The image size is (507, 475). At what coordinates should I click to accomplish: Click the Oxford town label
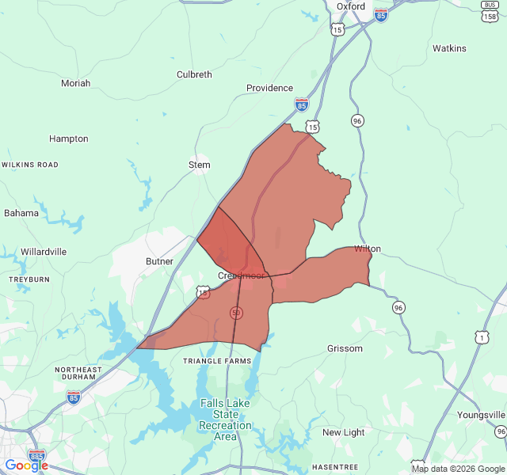(350, 6)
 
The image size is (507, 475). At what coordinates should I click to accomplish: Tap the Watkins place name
(449, 48)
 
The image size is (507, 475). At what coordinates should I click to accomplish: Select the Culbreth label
(194, 74)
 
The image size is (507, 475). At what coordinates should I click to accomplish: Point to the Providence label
(269, 88)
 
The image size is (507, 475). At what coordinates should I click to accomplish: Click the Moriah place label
(75, 83)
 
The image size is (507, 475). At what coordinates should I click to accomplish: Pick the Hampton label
(69, 139)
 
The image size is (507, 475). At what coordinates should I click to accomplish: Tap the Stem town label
(199, 165)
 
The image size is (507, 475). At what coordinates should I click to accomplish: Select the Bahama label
(21, 213)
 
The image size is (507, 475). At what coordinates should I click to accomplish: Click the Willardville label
(44, 251)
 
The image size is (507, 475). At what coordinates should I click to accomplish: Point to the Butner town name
(159, 260)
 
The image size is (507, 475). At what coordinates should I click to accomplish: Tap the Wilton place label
(368, 249)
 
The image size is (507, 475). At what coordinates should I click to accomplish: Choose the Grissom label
(345, 348)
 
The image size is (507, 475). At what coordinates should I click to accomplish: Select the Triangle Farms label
(217, 361)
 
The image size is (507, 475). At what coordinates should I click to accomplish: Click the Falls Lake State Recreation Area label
(226, 420)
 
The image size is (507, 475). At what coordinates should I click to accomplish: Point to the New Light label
(343, 432)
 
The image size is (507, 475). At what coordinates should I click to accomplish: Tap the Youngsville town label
(481, 415)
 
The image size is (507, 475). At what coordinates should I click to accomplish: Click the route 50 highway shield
(236, 313)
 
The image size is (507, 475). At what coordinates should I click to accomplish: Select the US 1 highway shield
(482, 336)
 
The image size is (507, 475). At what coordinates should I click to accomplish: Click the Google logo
(26, 465)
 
